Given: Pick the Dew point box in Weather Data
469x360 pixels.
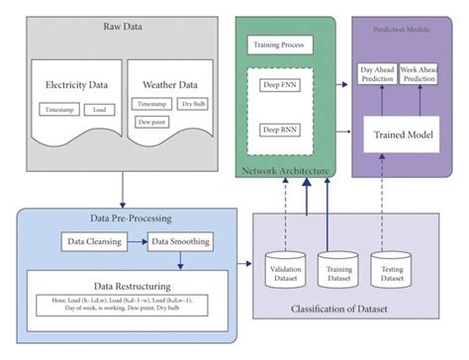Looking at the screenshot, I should click(152, 121).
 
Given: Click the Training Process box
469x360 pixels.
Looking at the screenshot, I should click(280, 45).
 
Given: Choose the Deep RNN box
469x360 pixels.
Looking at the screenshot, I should click(280, 130).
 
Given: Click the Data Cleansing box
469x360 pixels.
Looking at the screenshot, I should click(92, 240).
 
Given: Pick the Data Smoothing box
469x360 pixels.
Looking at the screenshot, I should click(180, 240).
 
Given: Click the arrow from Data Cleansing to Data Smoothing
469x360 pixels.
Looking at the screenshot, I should click(136, 240).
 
